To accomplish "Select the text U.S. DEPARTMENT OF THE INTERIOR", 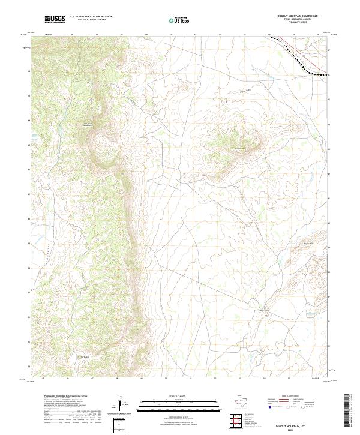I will (91, 16).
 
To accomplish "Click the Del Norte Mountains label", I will (88, 124).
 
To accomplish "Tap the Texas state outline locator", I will (245, 401).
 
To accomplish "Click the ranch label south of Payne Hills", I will (264, 310).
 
